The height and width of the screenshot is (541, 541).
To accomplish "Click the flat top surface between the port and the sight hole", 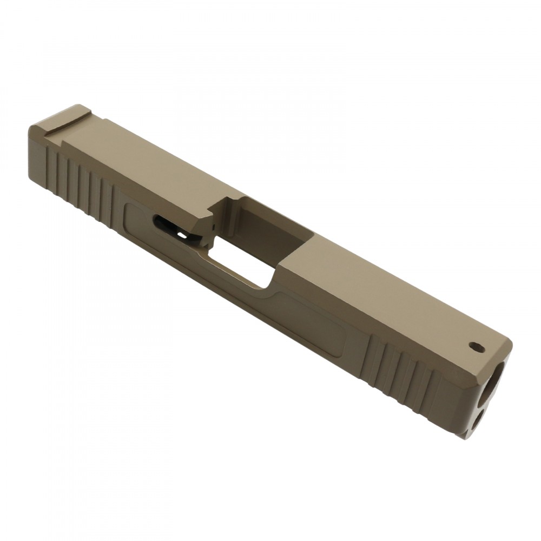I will pos(379,303).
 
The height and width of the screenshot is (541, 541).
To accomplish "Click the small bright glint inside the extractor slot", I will pos(184,236).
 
